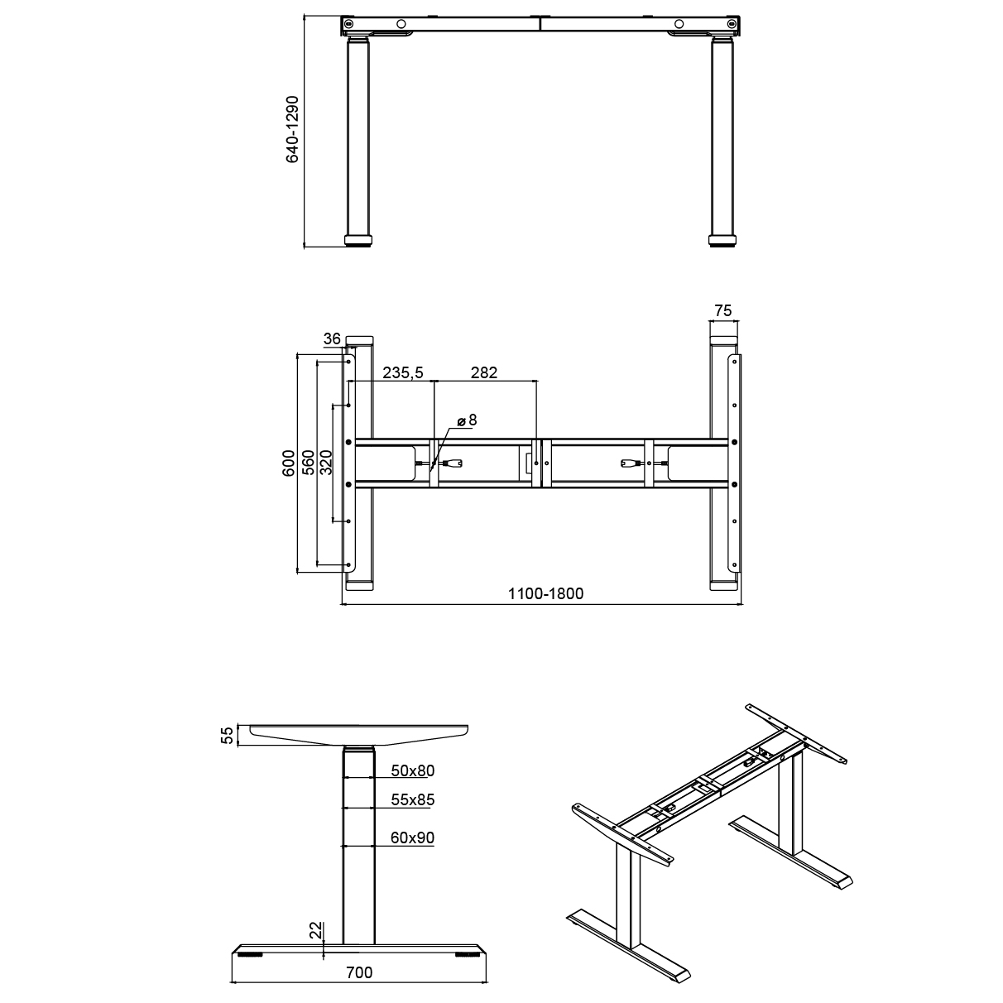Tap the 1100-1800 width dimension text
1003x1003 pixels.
[x=545, y=593]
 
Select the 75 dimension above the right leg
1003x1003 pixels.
[x=722, y=311]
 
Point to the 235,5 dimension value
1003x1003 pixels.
[x=403, y=373]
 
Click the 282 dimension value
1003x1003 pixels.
[x=484, y=373]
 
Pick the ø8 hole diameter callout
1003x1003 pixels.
[x=468, y=420]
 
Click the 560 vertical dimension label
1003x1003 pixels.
[x=307, y=463]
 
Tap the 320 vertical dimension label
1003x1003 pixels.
[x=326, y=463]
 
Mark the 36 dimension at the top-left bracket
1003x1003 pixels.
[x=332, y=338]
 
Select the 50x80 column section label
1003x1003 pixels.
[x=412, y=771]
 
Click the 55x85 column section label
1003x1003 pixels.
[x=412, y=800]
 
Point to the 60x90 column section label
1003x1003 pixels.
[x=412, y=838]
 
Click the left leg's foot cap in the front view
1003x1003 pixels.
[x=359, y=242]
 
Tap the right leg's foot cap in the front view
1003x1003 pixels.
[x=722, y=242]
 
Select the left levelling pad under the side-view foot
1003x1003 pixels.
[x=248, y=954]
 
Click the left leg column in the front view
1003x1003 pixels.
[x=358, y=141]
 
